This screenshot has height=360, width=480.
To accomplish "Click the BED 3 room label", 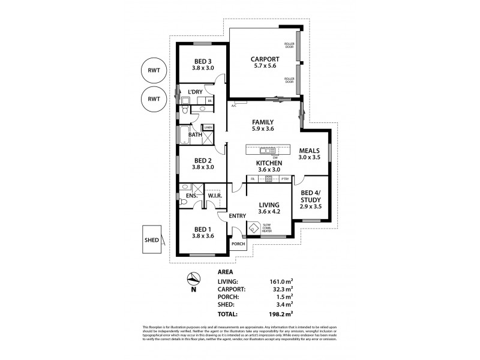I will click(202, 61).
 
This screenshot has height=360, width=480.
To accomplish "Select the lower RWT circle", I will click(153, 98).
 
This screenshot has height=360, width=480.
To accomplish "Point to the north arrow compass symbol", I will click(193, 278).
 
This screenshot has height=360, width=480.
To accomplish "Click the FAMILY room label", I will click(263, 122).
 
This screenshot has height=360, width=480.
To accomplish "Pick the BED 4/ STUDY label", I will click(310, 196).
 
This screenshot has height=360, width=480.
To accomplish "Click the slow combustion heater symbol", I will click(253, 228).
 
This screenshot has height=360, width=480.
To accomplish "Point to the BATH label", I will click(194, 135).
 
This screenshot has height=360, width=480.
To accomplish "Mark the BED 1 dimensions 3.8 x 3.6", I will click(202, 236).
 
